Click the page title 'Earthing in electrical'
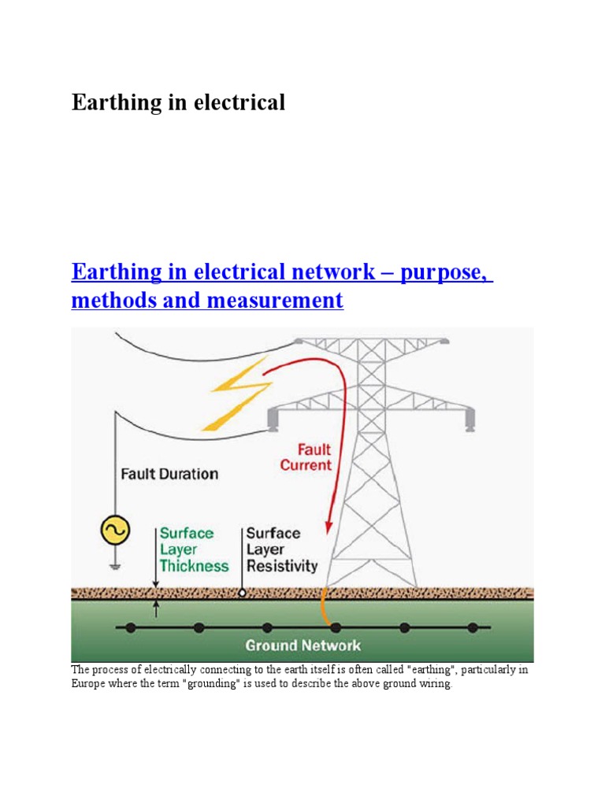click(178, 102)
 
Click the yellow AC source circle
click(115, 532)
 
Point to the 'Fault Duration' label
click(169, 475)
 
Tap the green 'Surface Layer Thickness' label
click(194, 549)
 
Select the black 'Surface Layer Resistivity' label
click(281, 549)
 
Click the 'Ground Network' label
click(302, 645)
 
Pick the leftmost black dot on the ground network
click(131, 627)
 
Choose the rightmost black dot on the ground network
click(473, 627)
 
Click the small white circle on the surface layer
click(243, 593)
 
